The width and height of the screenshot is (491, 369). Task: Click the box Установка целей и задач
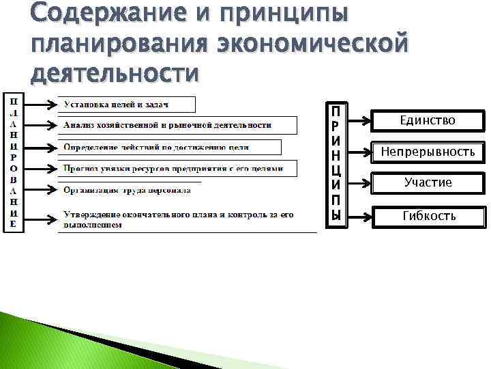point(126,105)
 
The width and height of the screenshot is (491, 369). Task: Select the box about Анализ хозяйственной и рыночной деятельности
point(177,125)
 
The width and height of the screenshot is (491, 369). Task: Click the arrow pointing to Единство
point(357,121)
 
